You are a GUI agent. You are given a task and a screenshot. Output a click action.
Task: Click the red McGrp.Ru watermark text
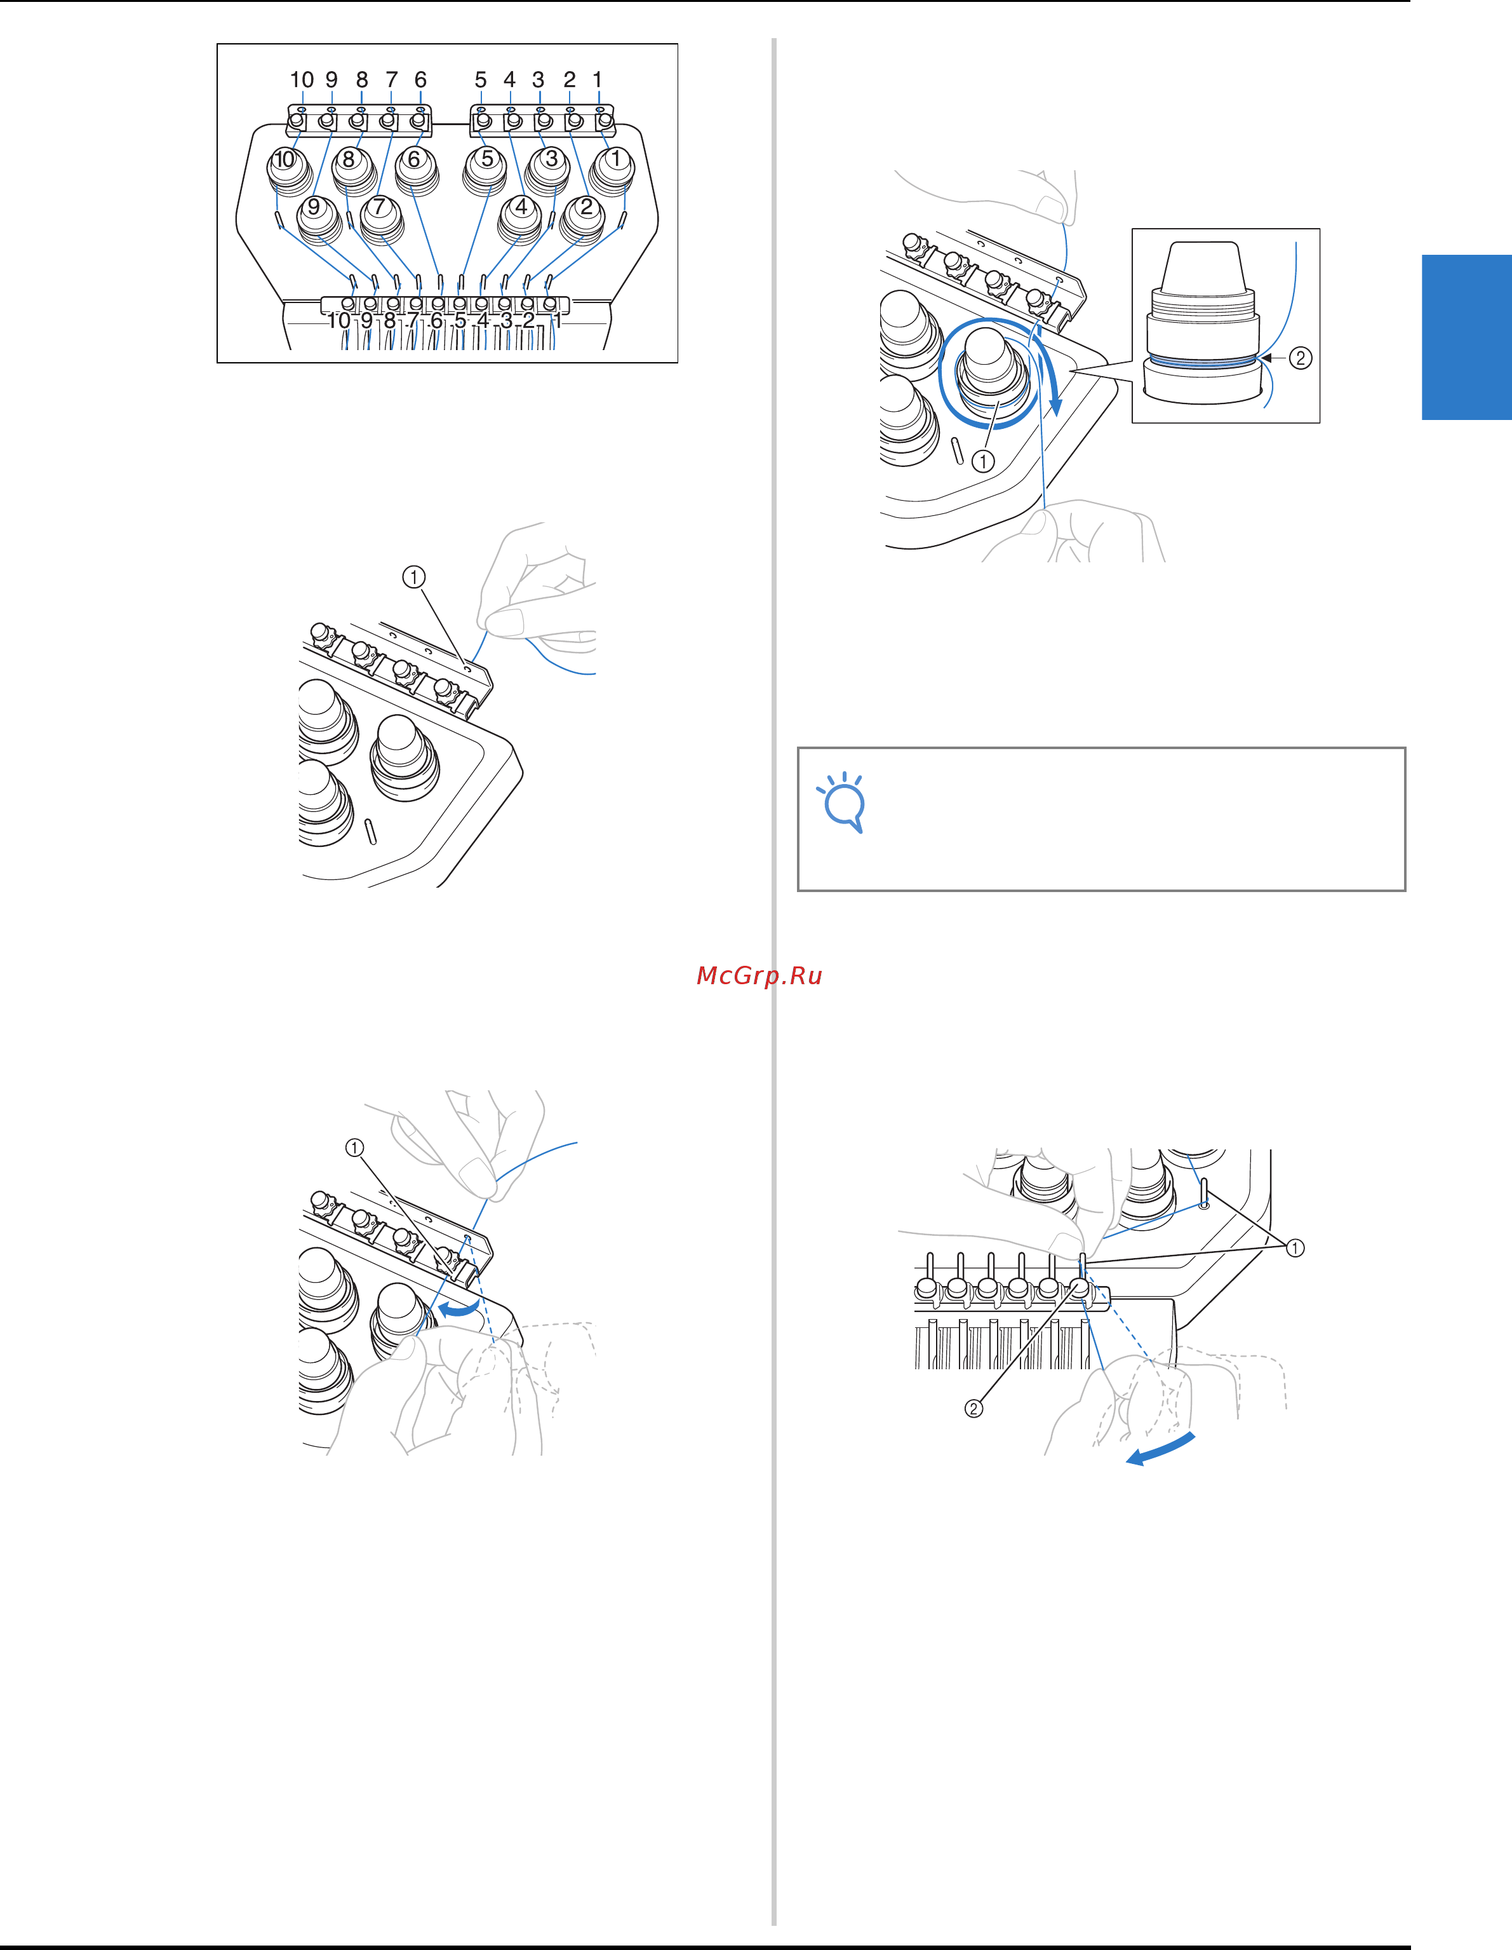(759, 976)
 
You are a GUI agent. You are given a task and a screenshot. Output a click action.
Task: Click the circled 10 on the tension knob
(284, 159)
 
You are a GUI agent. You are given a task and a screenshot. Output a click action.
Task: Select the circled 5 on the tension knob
(486, 158)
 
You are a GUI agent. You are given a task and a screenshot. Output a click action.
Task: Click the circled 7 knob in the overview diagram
(379, 207)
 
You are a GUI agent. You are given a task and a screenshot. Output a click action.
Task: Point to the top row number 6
(420, 79)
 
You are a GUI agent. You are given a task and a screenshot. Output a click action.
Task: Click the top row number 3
(539, 79)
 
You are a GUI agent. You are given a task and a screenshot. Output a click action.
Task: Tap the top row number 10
(302, 79)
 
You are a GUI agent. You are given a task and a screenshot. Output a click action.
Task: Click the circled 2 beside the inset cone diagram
(1301, 358)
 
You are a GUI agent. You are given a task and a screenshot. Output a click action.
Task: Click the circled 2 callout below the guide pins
(973, 1409)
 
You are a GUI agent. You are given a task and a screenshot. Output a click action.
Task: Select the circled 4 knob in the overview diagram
(521, 207)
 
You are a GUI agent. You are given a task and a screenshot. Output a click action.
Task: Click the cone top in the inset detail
(1205, 266)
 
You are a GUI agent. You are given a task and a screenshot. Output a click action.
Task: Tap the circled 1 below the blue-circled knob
(983, 461)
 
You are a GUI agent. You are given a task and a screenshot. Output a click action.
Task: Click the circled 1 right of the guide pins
(1295, 1247)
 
